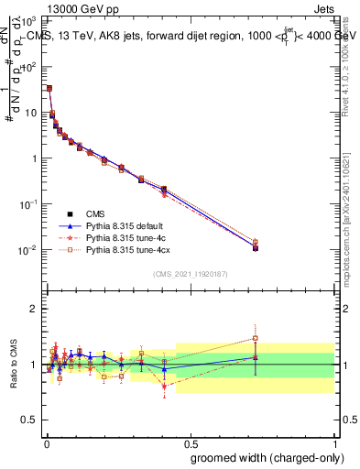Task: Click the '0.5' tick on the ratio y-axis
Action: click(x=28, y=421)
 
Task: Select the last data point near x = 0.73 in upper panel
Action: click(x=255, y=247)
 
